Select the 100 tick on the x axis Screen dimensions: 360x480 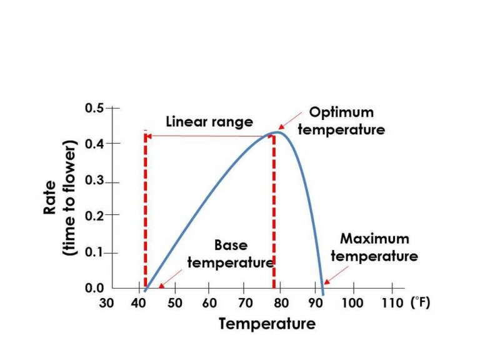[x=354, y=303]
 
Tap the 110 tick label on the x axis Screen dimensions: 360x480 [x=391, y=303]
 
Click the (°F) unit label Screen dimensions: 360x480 [x=421, y=302]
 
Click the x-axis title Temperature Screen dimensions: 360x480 [x=267, y=324]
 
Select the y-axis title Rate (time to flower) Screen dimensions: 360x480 [x=60, y=197]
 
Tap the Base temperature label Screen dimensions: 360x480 [x=231, y=254]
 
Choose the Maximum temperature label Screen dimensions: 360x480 [x=374, y=247]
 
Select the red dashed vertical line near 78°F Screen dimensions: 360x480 [x=274, y=212]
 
